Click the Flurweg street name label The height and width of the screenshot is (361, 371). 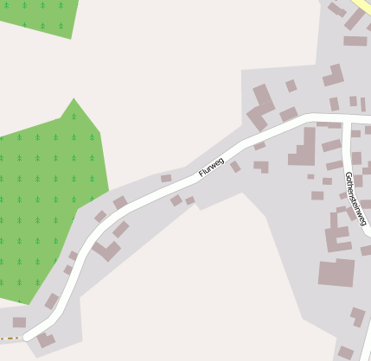211,165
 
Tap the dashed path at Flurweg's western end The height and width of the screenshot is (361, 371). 10,338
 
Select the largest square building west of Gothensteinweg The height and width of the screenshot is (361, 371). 336,272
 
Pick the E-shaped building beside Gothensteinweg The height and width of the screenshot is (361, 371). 338,231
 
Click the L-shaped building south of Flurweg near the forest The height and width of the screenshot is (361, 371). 107,251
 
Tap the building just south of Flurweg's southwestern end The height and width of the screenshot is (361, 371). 46,340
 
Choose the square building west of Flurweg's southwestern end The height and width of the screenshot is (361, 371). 19,322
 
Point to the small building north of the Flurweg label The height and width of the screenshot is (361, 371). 166,178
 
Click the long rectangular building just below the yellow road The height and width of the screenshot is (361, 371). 355,41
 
